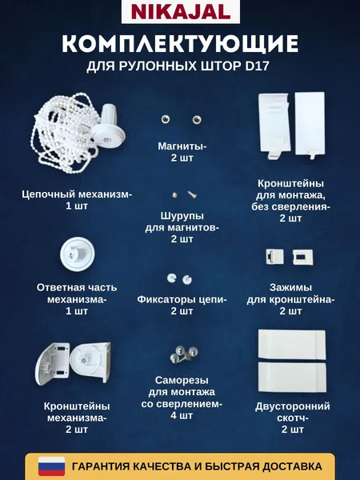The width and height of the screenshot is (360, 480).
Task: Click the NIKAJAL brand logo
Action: (181, 12)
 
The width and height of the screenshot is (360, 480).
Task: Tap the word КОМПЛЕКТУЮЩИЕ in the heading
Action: (180, 44)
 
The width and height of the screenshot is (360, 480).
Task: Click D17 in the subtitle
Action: (258, 66)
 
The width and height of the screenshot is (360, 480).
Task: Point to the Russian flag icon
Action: (51, 466)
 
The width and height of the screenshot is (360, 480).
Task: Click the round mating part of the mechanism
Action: (77, 254)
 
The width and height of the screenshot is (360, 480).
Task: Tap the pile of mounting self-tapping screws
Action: (184, 354)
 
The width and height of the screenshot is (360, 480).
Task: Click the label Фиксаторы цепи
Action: (182, 299)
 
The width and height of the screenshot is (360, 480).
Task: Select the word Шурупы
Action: (182, 216)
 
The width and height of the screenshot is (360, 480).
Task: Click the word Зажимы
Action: (291, 287)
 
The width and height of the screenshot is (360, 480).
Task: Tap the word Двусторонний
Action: (293, 406)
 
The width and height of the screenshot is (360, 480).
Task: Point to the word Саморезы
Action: (182, 380)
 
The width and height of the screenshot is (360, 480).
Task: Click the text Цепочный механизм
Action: (77, 194)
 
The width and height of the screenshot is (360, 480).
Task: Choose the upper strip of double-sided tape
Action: (292, 344)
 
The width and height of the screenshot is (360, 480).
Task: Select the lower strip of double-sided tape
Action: (292, 377)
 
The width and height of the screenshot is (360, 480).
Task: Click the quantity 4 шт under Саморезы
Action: (182, 415)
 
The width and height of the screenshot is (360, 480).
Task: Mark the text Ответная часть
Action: (77, 287)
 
